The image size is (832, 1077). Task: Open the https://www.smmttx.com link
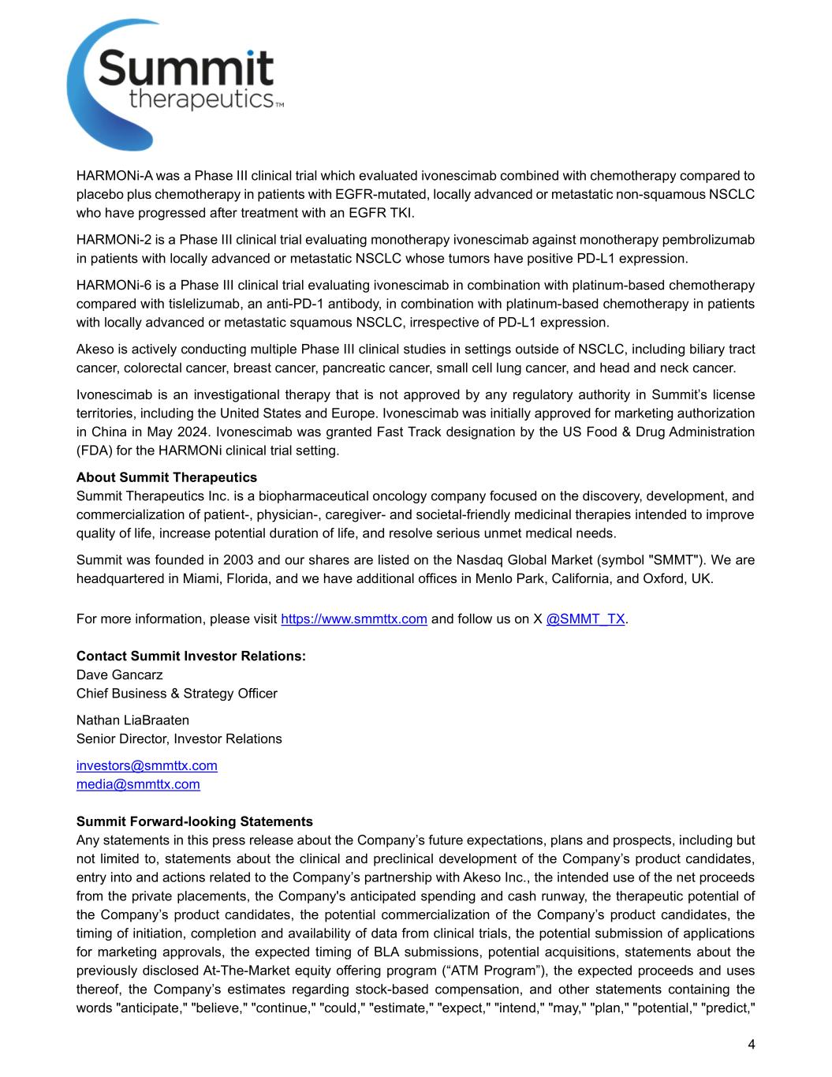coord(354,619)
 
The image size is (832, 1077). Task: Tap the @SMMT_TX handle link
coord(585,619)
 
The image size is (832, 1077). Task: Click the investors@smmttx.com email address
coord(147,765)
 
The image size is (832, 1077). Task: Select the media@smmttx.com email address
coord(138,784)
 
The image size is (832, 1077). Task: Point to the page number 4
coord(751,1045)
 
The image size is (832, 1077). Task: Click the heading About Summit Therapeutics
coord(166,477)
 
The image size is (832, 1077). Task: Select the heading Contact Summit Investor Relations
coord(191,656)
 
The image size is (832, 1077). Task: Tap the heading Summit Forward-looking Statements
coord(194,821)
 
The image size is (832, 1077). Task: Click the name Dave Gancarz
coord(120,675)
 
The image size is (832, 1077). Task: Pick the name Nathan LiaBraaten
coord(132,720)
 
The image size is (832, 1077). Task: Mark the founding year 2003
coord(238,560)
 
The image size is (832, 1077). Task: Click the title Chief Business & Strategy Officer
coord(177,694)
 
